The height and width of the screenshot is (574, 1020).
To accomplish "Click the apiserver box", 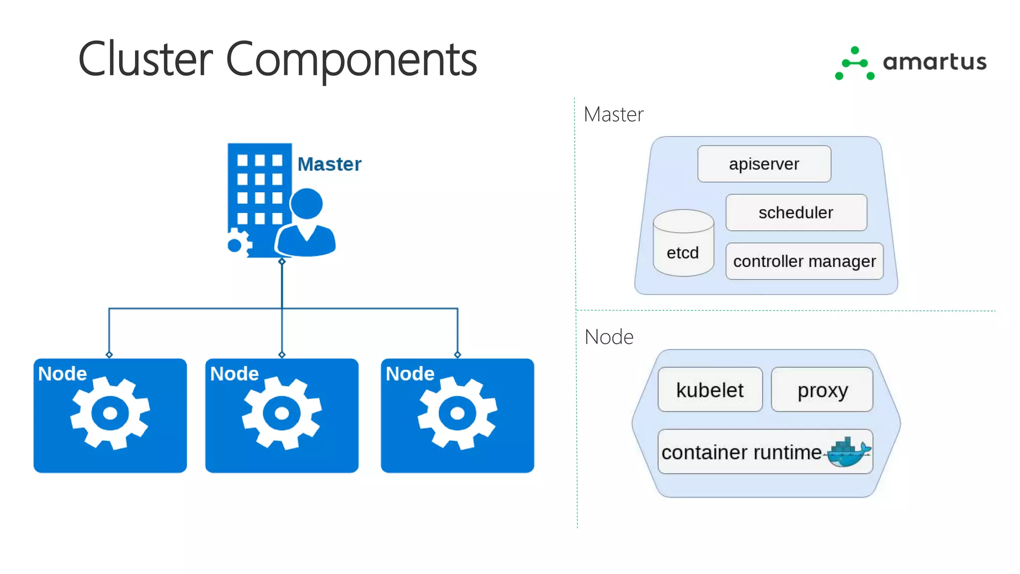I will pyautogui.click(x=764, y=164).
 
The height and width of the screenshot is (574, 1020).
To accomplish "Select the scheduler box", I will pyautogui.click(x=796, y=213).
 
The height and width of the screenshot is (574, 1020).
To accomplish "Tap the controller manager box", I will pyautogui.click(x=804, y=261).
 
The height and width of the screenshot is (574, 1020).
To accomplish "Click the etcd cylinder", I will pyautogui.click(x=683, y=244).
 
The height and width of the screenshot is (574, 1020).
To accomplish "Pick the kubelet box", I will pyautogui.click(x=710, y=390).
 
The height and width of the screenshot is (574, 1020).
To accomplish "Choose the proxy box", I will pyautogui.click(x=822, y=390).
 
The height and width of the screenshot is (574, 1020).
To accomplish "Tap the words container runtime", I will pyautogui.click(x=741, y=452).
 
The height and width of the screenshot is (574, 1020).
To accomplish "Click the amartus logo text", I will pyautogui.click(x=934, y=62).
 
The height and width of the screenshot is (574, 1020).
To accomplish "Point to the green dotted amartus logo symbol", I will pyautogui.click(x=855, y=63).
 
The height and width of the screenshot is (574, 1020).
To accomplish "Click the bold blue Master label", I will pyautogui.click(x=329, y=164).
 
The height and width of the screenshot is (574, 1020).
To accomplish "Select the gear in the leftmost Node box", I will pyautogui.click(x=110, y=413).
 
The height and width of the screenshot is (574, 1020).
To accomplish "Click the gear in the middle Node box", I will pyautogui.click(x=282, y=413).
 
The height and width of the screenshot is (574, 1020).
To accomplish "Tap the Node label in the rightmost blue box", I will pyautogui.click(x=410, y=374).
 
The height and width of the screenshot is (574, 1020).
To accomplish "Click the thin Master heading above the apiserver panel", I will pyautogui.click(x=613, y=115).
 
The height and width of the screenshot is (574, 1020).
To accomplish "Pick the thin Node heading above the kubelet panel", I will pyautogui.click(x=609, y=337).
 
